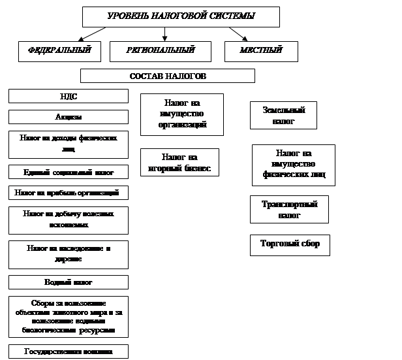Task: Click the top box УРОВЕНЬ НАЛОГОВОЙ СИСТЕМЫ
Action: [x=181, y=16]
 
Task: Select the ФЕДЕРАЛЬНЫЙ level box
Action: [x=59, y=51]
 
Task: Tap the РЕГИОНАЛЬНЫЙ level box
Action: [x=160, y=51]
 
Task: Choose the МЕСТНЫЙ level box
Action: [x=261, y=51]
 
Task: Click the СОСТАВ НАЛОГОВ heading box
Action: [x=167, y=76]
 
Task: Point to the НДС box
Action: [x=68, y=96]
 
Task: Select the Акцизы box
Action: [x=68, y=117]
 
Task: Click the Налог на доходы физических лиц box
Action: [x=68, y=144]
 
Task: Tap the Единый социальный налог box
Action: [x=68, y=172]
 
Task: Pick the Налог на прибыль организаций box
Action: [x=68, y=193]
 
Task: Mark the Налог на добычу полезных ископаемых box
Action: [x=68, y=220]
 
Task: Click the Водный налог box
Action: [x=68, y=282]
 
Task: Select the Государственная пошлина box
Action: [x=68, y=352]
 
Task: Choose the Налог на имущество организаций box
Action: [x=182, y=114]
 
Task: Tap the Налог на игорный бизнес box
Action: [x=179, y=163]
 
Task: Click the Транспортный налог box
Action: [x=289, y=209]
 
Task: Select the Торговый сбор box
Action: [x=290, y=244]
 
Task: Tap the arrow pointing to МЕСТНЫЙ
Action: [x=238, y=34]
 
